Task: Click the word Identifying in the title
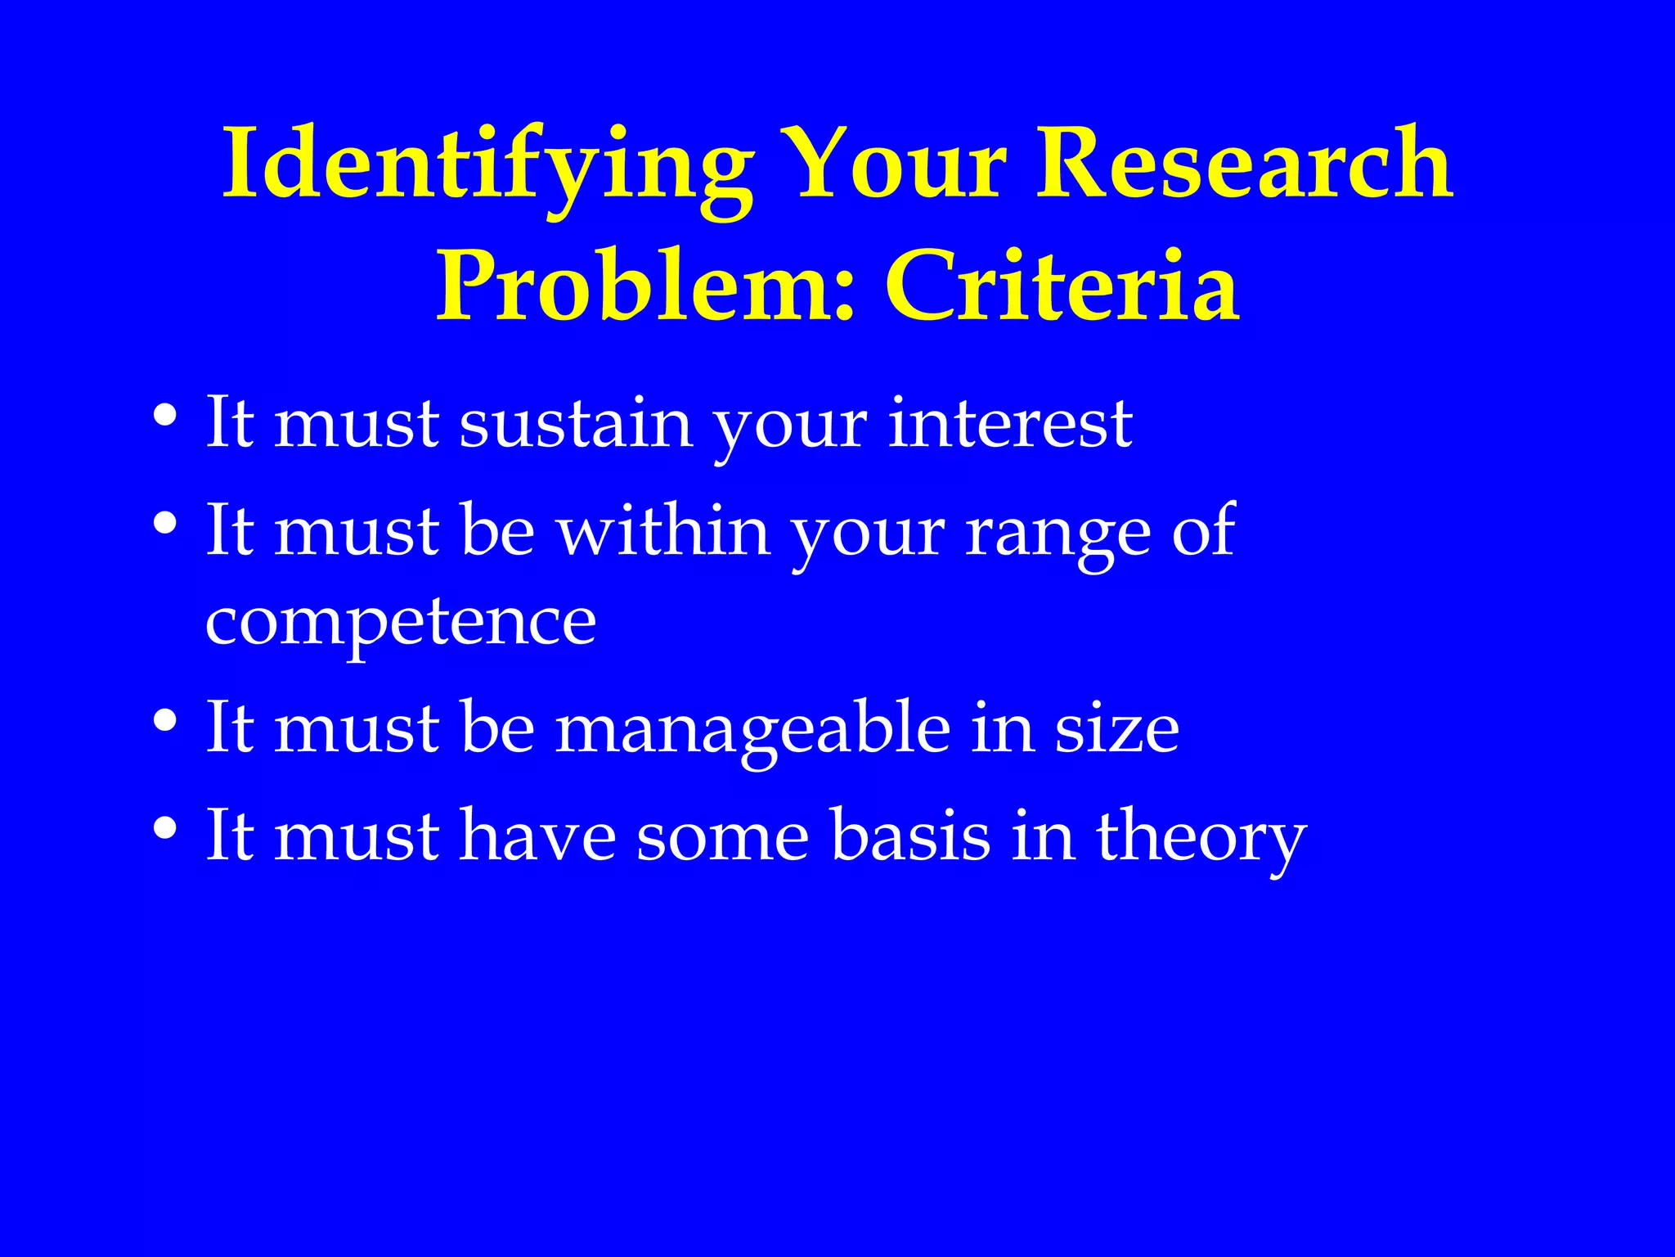tap(487, 164)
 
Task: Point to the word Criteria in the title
tap(1062, 286)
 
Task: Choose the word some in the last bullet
tap(723, 837)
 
